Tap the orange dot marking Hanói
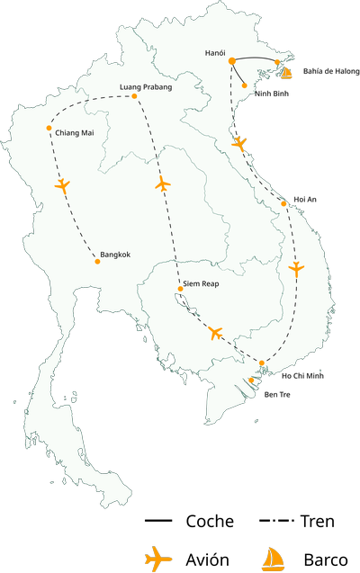pyautogui.click(x=232, y=60)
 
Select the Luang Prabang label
pyautogui.click(x=145, y=87)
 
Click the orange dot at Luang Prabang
pyautogui.click(x=134, y=96)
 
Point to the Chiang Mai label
pyautogui.click(x=73, y=134)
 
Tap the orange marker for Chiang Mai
pyautogui.click(x=49, y=129)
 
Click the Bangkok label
pyautogui.click(x=116, y=255)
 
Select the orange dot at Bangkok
pyautogui.click(x=97, y=262)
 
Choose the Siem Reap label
pyautogui.click(x=201, y=284)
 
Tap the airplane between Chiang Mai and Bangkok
pyautogui.click(x=61, y=186)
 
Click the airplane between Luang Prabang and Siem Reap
pyautogui.click(x=162, y=184)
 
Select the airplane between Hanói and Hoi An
pyautogui.click(x=238, y=143)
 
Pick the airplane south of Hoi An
pyautogui.click(x=297, y=269)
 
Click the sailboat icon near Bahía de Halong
pyautogui.click(x=286, y=72)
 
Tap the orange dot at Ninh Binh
pyautogui.click(x=244, y=86)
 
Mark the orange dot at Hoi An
pyautogui.click(x=283, y=203)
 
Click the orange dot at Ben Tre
pyautogui.click(x=252, y=381)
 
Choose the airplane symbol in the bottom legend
pyautogui.click(x=157, y=557)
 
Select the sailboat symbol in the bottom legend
pyautogui.click(x=273, y=559)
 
